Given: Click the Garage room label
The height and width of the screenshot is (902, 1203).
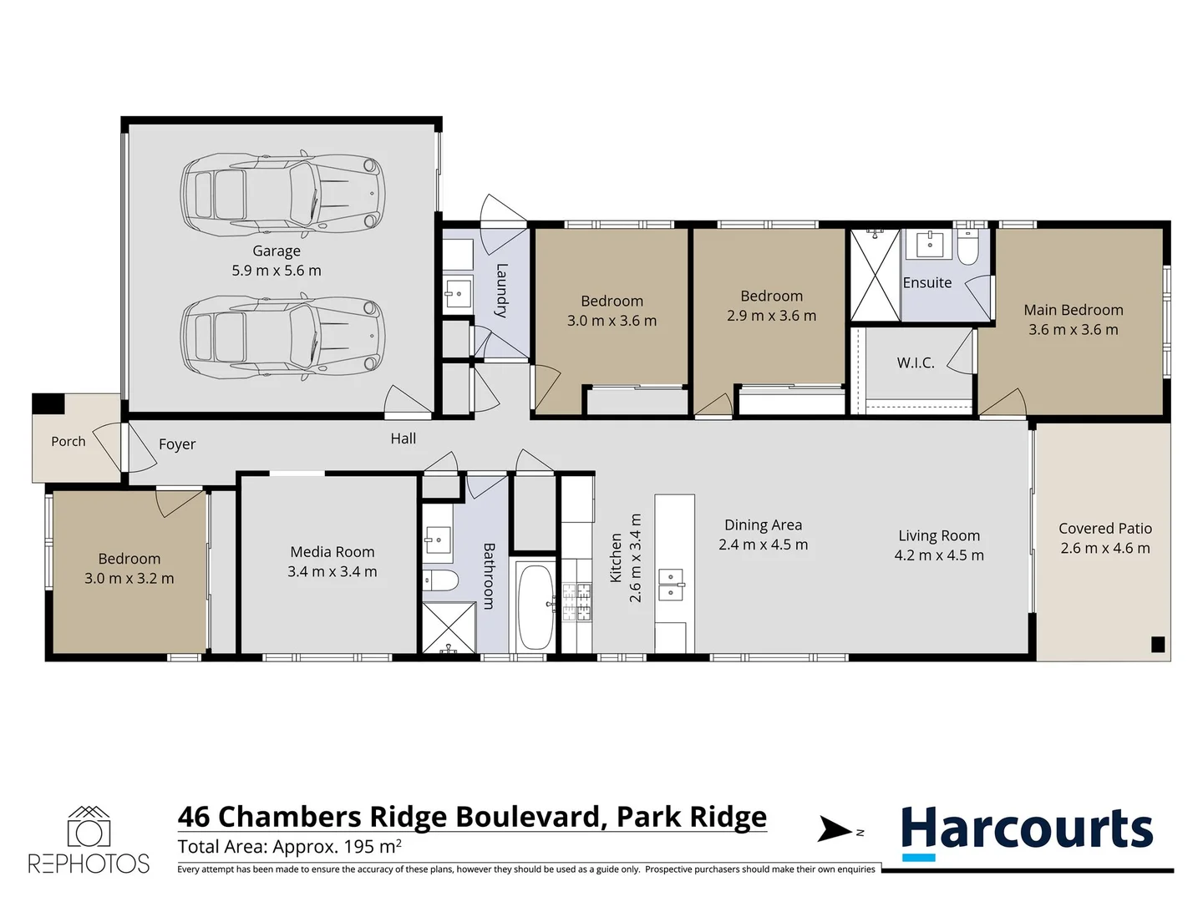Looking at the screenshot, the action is [x=277, y=251].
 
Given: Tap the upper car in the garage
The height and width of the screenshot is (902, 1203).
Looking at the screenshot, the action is [x=283, y=193].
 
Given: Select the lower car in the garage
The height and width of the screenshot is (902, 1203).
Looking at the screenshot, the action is [x=283, y=336].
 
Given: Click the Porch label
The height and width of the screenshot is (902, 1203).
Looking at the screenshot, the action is [x=69, y=442].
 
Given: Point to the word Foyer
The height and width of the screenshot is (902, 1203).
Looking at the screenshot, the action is [x=177, y=444].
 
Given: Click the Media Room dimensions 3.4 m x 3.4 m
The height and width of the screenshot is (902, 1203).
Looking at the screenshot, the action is [x=332, y=572].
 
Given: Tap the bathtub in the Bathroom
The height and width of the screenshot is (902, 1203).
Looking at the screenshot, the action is [x=535, y=606].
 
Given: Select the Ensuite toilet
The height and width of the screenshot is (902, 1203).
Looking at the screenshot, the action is [x=968, y=250].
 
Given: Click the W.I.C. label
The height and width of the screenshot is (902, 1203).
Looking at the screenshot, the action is [x=916, y=362].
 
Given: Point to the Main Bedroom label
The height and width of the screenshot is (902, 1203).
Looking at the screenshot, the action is [x=1074, y=310].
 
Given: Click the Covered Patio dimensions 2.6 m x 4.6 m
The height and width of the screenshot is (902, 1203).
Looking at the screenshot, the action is [x=1105, y=548].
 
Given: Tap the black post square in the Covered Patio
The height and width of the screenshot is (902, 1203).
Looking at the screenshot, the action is [x=1158, y=644].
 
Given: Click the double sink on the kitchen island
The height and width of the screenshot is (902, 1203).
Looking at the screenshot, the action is [x=671, y=585].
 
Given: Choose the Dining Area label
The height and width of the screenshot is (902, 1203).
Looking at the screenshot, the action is [x=763, y=525].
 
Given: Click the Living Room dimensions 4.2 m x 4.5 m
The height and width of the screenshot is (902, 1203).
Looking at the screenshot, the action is [x=939, y=555].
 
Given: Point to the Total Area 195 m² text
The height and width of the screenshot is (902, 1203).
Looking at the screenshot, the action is [x=289, y=847].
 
